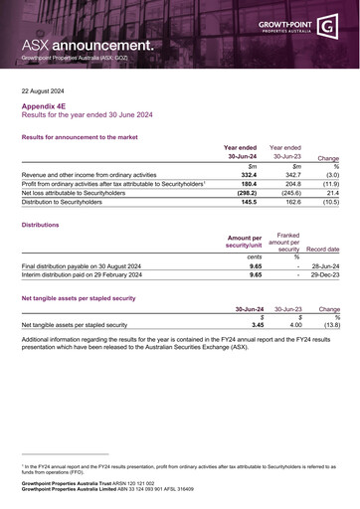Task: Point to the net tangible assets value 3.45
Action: click(258, 324)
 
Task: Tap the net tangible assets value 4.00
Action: click(295, 324)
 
